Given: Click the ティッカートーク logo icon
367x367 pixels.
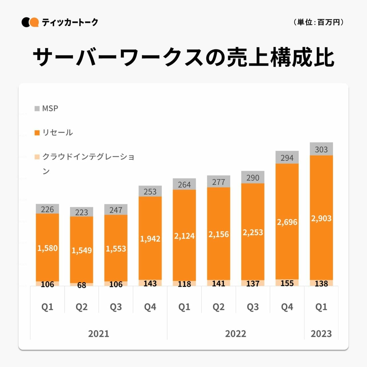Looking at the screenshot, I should point(30,22).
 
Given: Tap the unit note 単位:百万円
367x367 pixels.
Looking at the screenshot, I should point(318,22).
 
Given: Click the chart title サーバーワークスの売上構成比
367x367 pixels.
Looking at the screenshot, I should point(183,57).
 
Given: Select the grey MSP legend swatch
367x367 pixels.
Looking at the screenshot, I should point(37,109).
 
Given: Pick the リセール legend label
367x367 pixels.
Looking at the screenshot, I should point(58,133).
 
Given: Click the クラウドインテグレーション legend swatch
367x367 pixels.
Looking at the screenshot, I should point(37,157).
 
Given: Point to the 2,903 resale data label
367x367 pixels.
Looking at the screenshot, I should point(321,219).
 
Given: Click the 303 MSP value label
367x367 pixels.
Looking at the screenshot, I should point(321,149).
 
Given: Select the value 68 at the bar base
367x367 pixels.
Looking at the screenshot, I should point(82,285).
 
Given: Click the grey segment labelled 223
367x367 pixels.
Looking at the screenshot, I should point(82,212).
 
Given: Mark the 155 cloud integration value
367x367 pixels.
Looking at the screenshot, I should point(287,283).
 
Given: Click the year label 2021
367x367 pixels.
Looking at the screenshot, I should point(98,334).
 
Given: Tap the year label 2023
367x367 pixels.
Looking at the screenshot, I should point(321,334).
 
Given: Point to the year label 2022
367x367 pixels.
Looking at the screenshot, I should point(235,334).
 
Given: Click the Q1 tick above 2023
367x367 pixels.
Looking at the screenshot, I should point(321,307).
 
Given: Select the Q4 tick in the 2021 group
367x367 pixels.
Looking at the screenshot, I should point(150,307).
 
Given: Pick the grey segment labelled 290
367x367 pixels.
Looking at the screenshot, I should point(253,178).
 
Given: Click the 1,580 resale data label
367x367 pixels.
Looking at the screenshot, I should point(47,248).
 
